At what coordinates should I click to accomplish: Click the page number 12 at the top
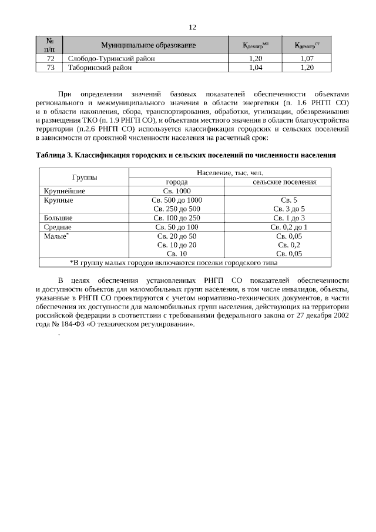click(192, 28)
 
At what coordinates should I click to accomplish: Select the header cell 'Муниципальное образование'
click(147, 45)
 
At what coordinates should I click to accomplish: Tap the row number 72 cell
click(50, 59)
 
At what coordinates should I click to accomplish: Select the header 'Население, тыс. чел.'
click(230, 173)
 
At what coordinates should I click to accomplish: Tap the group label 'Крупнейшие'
click(65, 191)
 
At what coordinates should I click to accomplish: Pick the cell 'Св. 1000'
click(176, 191)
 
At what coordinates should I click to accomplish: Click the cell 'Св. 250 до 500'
click(176, 209)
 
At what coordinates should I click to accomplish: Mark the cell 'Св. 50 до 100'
click(176, 226)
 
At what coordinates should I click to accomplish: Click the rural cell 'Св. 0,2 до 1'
click(288, 226)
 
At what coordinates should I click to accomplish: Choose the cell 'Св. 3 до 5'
click(288, 209)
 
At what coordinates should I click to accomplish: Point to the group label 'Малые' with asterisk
click(56, 235)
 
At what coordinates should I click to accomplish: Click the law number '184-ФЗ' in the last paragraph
click(72, 323)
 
